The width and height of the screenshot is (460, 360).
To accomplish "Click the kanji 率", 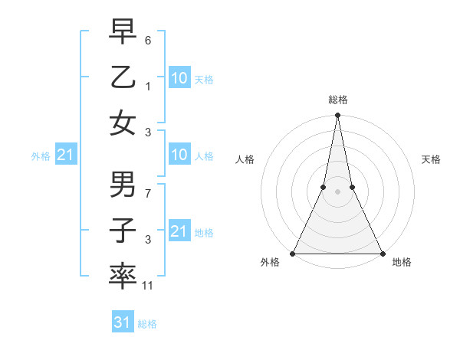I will [x=123, y=277].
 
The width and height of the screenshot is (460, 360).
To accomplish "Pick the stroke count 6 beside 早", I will [x=148, y=38].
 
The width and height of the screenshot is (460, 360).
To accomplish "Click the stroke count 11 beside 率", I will [x=149, y=286].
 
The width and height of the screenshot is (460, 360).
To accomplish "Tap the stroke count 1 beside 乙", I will [x=148, y=86].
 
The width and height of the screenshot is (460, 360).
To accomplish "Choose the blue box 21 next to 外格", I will [x=65, y=155].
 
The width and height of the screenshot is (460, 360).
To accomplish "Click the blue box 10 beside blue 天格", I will [x=179, y=77].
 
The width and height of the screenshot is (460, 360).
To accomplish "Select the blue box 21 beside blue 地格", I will [x=179, y=231].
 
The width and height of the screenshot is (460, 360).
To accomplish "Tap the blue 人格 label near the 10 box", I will [x=204, y=156].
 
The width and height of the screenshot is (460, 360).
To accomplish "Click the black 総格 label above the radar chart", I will [x=337, y=100].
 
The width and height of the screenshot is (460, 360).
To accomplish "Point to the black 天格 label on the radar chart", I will [x=432, y=159].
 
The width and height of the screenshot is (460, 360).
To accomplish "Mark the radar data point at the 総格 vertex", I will [x=337, y=116].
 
